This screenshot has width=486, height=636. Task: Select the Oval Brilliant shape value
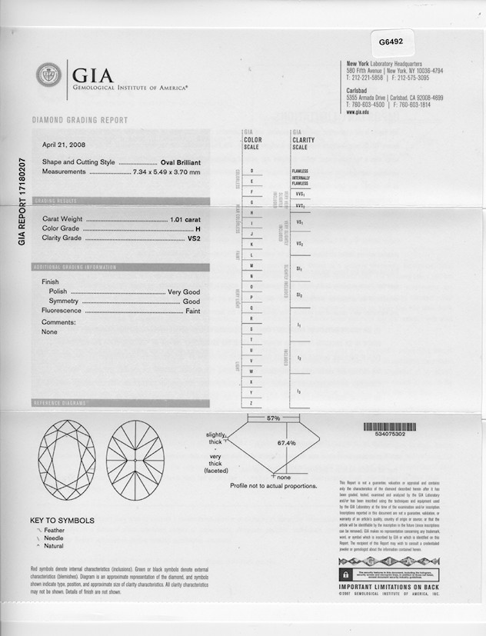(x=180, y=162)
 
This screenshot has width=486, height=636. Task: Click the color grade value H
(x=198, y=229)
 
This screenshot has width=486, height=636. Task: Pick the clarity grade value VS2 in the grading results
(x=194, y=238)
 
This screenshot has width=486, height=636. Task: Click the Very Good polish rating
(x=184, y=292)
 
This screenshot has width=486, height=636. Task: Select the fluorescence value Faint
(x=192, y=311)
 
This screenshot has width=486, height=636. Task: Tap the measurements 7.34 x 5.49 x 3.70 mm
(x=166, y=171)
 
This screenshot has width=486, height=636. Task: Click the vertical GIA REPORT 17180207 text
(x=22, y=202)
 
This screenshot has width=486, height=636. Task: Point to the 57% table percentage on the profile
(x=272, y=418)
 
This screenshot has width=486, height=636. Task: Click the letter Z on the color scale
(x=251, y=403)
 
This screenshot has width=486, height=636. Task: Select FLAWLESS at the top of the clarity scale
(x=300, y=170)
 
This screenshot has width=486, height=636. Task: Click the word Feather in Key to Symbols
(x=55, y=530)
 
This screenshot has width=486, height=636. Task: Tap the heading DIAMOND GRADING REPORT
(x=80, y=121)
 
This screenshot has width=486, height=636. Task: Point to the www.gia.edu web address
(x=358, y=112)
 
